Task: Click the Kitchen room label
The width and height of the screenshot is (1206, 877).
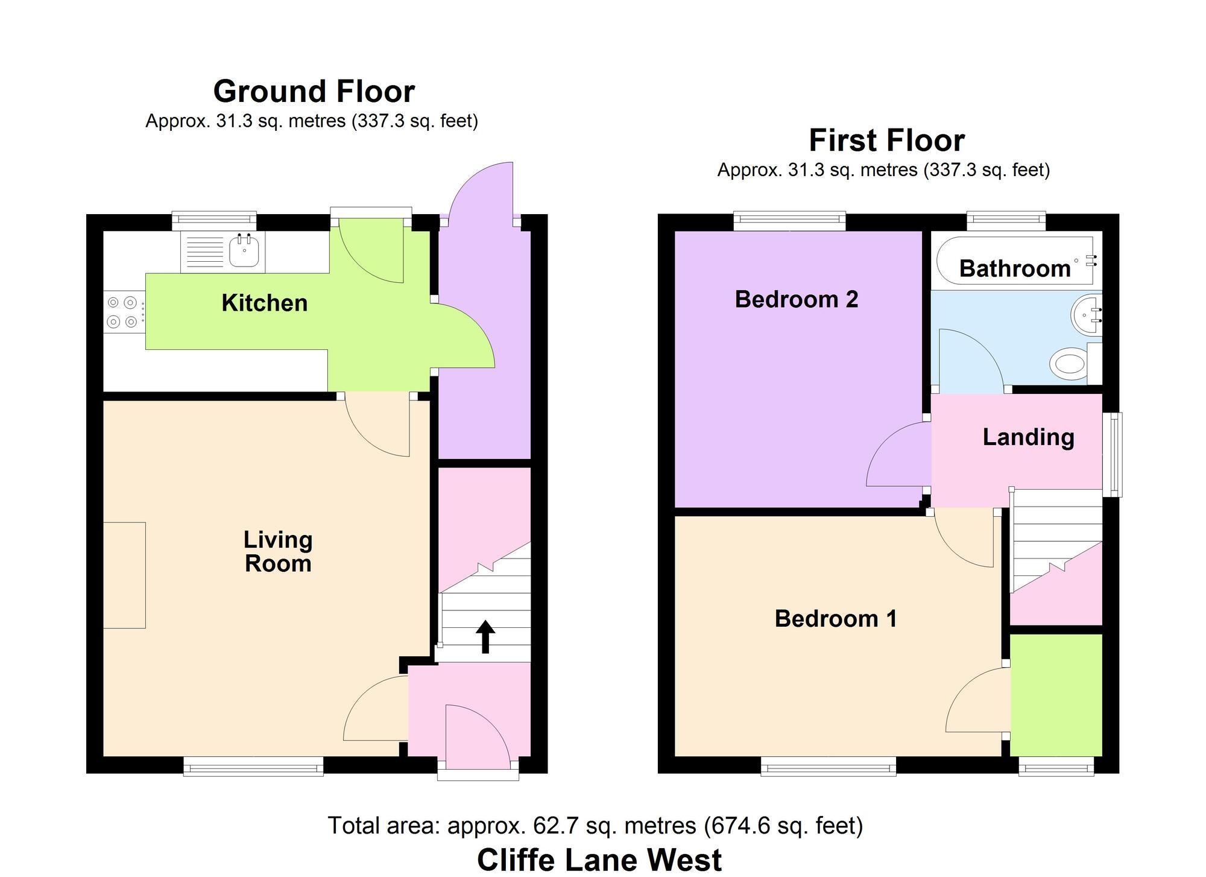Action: tap(264, 303)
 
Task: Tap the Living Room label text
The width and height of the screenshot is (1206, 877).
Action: tap(278, 551)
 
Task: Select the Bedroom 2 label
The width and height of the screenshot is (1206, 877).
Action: tap(796, 299)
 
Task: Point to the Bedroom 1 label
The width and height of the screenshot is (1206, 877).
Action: tap(835, 618)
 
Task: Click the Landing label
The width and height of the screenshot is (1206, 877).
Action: tap(1028, 437)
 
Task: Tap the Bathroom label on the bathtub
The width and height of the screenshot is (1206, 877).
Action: tap(1015, 268)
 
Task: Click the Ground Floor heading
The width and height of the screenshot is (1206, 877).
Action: tap(314, 92)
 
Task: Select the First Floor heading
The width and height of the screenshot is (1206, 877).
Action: tap(886, 141)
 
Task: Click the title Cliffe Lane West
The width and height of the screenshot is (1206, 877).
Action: tap(599, 860)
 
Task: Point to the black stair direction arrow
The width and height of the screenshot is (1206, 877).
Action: tap(485, 637)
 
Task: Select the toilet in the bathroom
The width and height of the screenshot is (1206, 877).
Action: tap(1075, 364)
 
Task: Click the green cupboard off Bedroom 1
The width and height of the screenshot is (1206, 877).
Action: tap(1056, 695)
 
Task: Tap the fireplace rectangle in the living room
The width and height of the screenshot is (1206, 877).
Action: tap(124, 575)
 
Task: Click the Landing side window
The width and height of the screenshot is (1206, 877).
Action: tap(1113, 455)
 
